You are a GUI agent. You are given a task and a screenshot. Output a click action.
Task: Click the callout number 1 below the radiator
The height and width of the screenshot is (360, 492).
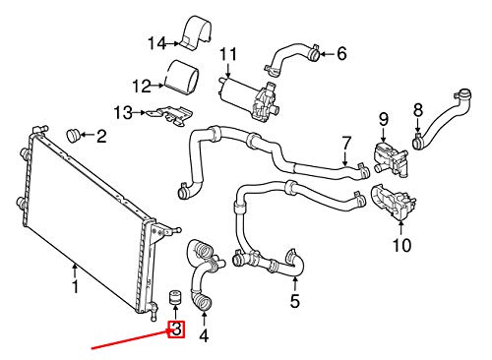pyautogui.click(x=76, y=286)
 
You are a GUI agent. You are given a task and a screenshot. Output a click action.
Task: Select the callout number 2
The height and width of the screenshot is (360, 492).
pyautogui.click(x=101, y=136)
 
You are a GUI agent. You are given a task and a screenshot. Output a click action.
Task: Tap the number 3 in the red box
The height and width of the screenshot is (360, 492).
pyautogui.click(x=176, y=330)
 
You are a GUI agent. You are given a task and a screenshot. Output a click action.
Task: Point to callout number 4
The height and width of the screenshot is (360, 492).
pyautogui.click(x=204, y=335)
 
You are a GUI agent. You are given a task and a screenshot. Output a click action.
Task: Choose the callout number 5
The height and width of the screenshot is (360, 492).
pyautogui.click(x=294, y=301)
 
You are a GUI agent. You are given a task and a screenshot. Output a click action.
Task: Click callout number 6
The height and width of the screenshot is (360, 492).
pyautogui.click(x=341, y=53)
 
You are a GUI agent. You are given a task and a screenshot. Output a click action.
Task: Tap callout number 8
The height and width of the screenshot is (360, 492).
pyautogui.click(x=418, y=110)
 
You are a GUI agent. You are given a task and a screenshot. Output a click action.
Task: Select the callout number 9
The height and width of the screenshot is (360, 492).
pyautogui.click(x=384, y=120)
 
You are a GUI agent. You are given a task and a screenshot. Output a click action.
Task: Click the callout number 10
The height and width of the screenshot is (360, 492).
pyautogui.click(x=401, y=245)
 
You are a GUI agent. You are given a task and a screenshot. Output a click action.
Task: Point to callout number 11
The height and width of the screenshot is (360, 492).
pyautogui.click(x=228, y=54)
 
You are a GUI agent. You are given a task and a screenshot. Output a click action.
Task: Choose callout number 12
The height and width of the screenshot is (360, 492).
pyautogui.click(x=142, y=87)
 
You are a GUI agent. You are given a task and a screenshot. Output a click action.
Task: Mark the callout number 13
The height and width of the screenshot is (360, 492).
pyautogui.click(x=123, y=113)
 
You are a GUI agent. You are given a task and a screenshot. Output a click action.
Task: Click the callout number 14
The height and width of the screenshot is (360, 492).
pyautogui.click(x=157, y=43)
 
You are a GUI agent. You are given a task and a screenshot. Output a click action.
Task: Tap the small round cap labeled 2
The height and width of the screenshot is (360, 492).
pyautogui.click(x=74, y=135)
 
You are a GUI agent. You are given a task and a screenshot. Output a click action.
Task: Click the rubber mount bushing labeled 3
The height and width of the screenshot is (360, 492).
pyautogui.click(x=175, y=297)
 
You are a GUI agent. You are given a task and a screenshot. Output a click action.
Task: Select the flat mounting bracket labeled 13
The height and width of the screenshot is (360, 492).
pyautogui.click(x=170, y=115)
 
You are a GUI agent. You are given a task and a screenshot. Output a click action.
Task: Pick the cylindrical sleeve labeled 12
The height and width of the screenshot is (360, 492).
pyautogui.click(x=181, y=78)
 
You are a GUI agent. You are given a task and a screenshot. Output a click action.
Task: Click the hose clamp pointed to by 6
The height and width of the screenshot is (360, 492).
pyautogui.click(x=314, y=53)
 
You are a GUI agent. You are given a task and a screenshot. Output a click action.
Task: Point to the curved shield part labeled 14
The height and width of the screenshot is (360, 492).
pyautogui.click(x=196, y=31)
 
